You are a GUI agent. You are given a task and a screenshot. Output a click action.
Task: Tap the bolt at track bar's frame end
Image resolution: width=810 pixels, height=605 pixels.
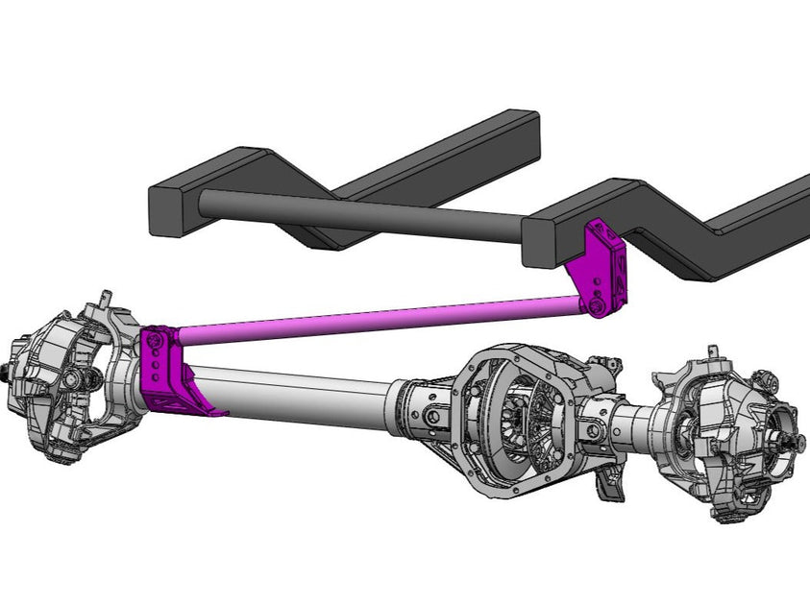pos(598,306)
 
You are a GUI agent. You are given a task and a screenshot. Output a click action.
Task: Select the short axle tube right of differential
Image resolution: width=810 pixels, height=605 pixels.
pos(629,423)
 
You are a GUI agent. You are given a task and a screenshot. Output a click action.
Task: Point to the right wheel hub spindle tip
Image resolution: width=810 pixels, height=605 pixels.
pos(798,443)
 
